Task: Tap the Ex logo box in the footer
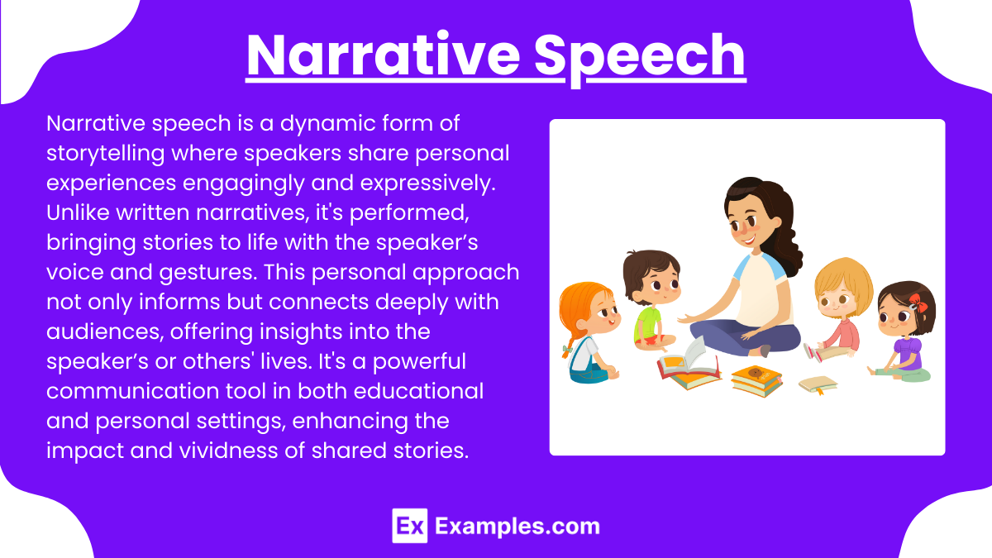(409, 525)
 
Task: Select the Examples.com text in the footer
(517, 526)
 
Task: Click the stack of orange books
(756, 380)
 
